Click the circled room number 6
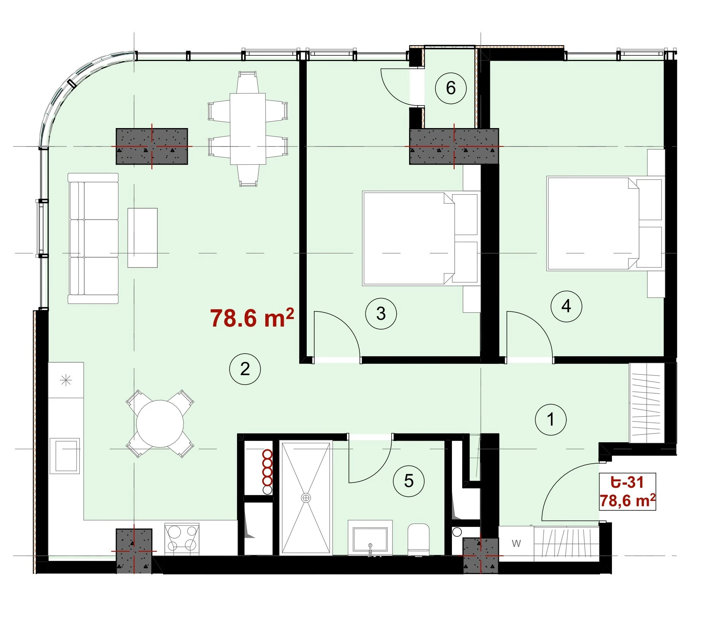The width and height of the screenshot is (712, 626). (x=450, y=88)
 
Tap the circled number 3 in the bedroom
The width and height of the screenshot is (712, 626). (x=381, y=313)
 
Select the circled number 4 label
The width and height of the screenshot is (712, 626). (x=566, y=306)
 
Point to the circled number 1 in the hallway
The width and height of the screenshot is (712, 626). (x=551, y=420)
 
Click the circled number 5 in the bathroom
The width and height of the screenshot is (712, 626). (x=408, y=481)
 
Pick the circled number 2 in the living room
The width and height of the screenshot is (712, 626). (x=245, y=369)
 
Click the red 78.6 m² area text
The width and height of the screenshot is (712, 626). (x=252, y=318)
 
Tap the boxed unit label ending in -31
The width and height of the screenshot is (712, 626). (x=627, y=492)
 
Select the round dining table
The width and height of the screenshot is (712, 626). (x=160, y=424)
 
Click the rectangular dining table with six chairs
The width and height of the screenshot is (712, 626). (x=248, y=129)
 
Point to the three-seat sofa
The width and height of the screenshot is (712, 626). (x=93, y=238)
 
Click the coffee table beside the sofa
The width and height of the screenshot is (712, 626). (x=142, y=238)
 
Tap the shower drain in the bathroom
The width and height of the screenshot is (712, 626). (x=306, y=498)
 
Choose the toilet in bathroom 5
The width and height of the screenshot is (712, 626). (x=418, y=539)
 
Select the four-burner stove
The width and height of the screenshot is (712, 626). (x=182, y=539)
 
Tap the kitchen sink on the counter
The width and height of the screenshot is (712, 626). (x=65, y=456)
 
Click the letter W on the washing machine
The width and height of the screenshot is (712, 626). (x=516, y=543)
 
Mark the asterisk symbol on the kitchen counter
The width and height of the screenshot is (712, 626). (x=66, y=380)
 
